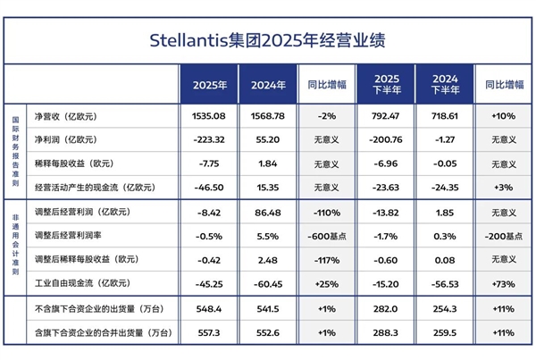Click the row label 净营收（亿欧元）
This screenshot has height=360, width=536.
click(x=68, y=116)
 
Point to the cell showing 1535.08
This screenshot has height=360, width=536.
click(x=209, y=116)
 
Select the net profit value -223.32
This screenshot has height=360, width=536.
click(x=209, y=139)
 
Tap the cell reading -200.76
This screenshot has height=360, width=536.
click(x=385, y=139)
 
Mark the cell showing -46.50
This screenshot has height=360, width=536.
click(x=209, y=187)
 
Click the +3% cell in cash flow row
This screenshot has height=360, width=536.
click(x=504, y=187)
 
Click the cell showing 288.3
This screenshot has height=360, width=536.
click(x=385, y=332)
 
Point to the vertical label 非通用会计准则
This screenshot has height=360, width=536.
click(x=16, y=247)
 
